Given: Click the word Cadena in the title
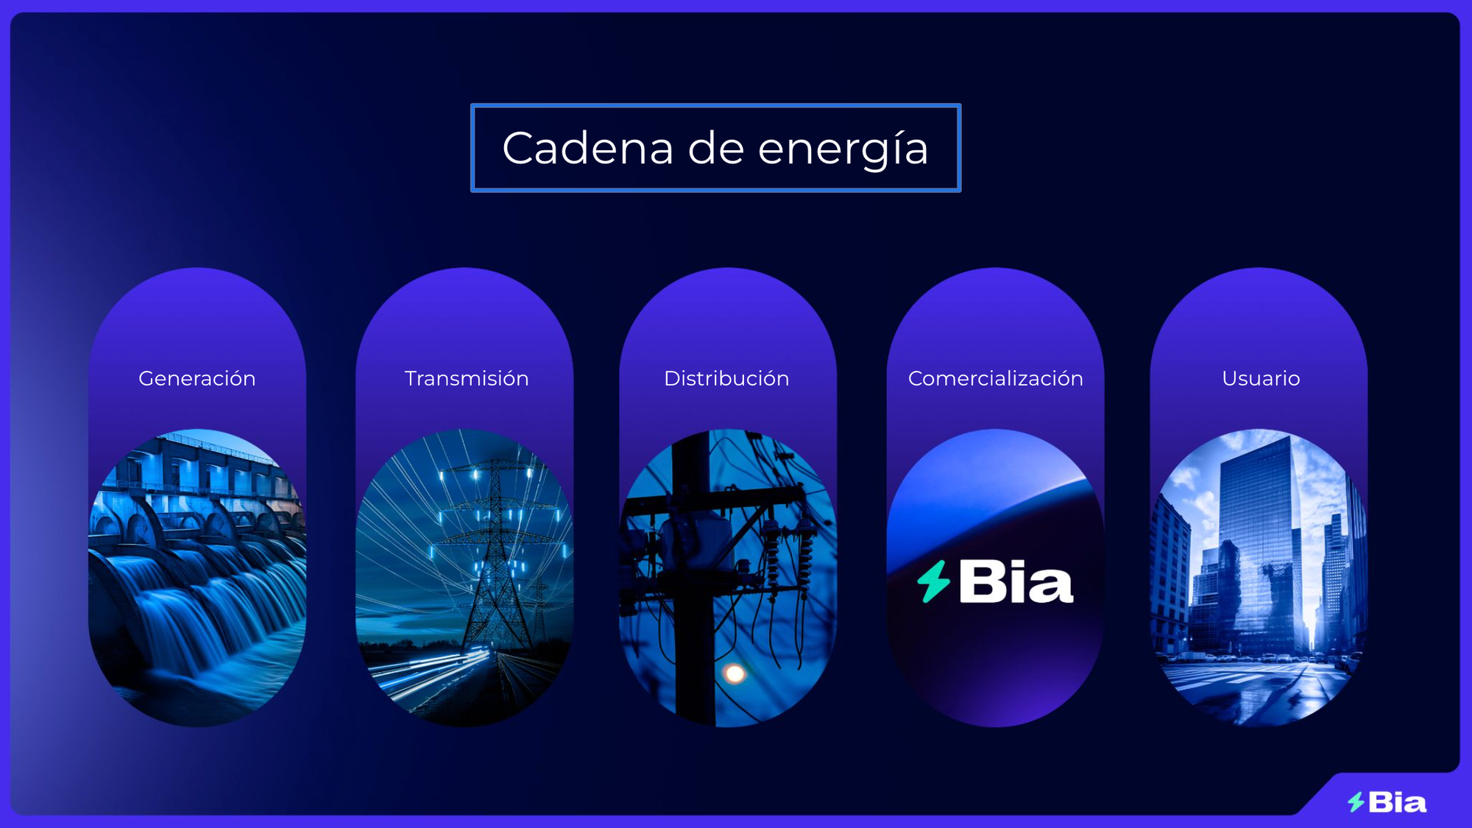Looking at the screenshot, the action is point(588,148).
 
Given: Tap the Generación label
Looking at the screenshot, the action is point(197,378).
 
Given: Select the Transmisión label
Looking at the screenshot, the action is point(467,378).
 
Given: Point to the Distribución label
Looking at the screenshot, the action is point(726,378).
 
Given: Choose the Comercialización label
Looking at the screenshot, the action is point(996,378).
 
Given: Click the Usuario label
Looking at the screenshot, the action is point(1261,378).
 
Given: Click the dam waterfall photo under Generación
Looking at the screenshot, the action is point(197,578).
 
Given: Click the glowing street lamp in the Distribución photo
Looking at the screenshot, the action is point(734,673).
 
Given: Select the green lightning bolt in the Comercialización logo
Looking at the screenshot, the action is point(934,581).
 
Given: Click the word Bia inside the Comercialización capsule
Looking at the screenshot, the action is point(1016,582).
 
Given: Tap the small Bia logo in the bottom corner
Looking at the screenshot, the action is point(1387,802).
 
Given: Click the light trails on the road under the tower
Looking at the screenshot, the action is point(434,673).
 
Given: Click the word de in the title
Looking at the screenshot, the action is point(716,148).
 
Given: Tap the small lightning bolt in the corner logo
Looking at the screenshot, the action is point(1356,802).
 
